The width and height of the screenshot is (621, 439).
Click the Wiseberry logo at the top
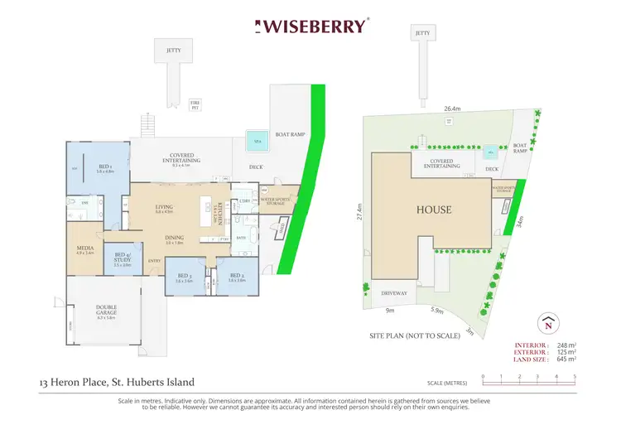coord(311,26)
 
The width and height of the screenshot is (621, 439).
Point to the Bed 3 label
coord(183,277)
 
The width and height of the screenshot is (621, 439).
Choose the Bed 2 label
coord(236,277)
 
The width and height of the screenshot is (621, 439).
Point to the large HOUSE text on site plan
coord(434,210)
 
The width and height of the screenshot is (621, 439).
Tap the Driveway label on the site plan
coord(392,293)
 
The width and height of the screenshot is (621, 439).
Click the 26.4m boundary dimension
coord(452,108)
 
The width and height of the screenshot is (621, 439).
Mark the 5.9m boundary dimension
coord(438,312)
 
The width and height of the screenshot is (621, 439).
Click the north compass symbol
coord(547,321)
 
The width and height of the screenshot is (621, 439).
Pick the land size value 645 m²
coord(566,359)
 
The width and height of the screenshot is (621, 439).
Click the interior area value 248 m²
coord(566,344)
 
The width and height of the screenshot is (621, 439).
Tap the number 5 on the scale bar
coord(575,377)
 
